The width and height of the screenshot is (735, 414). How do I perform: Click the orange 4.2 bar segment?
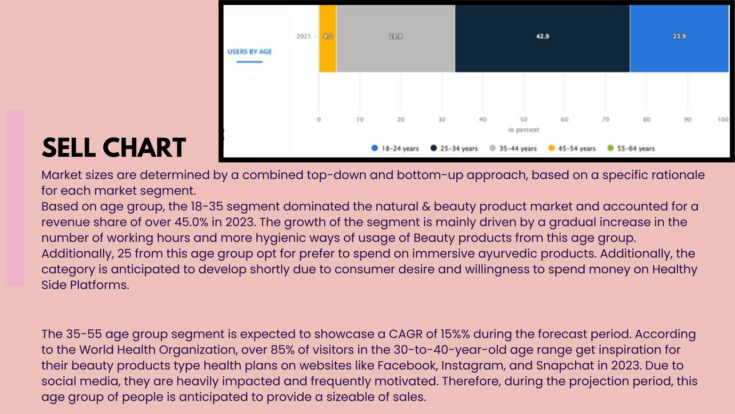[x=328, y=38]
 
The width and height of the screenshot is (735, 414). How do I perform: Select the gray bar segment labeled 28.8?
[x=396, y=38]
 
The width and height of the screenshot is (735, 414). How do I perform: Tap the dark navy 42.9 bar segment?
[x=542, y=38]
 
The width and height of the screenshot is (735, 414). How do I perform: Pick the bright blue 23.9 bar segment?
[x=679, y=38]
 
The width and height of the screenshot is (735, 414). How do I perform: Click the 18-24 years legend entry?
[x=395, y=148]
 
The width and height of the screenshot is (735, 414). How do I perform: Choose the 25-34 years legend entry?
[x=454, y=148]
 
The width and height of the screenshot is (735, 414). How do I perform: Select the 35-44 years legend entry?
[x=513, y=148]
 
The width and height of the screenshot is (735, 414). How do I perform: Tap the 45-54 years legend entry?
[x=572, y=148]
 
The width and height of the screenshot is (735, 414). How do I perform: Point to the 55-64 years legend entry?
[x=631, y=148]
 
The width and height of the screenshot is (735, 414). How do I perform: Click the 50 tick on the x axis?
[x=524, y=120]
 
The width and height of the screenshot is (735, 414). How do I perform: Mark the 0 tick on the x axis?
[x=319, y=120]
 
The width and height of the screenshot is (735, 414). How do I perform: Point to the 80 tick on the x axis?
[x=647, y=120]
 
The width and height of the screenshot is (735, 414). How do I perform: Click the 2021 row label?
[x=304, y=36]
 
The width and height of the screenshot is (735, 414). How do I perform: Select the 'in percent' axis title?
[x=524, y=130]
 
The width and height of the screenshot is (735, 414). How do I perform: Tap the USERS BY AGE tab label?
[x=250, y=52]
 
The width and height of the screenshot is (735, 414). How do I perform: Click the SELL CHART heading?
[x=114, y=148]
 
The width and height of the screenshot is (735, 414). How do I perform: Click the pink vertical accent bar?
[x=16, y=198]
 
